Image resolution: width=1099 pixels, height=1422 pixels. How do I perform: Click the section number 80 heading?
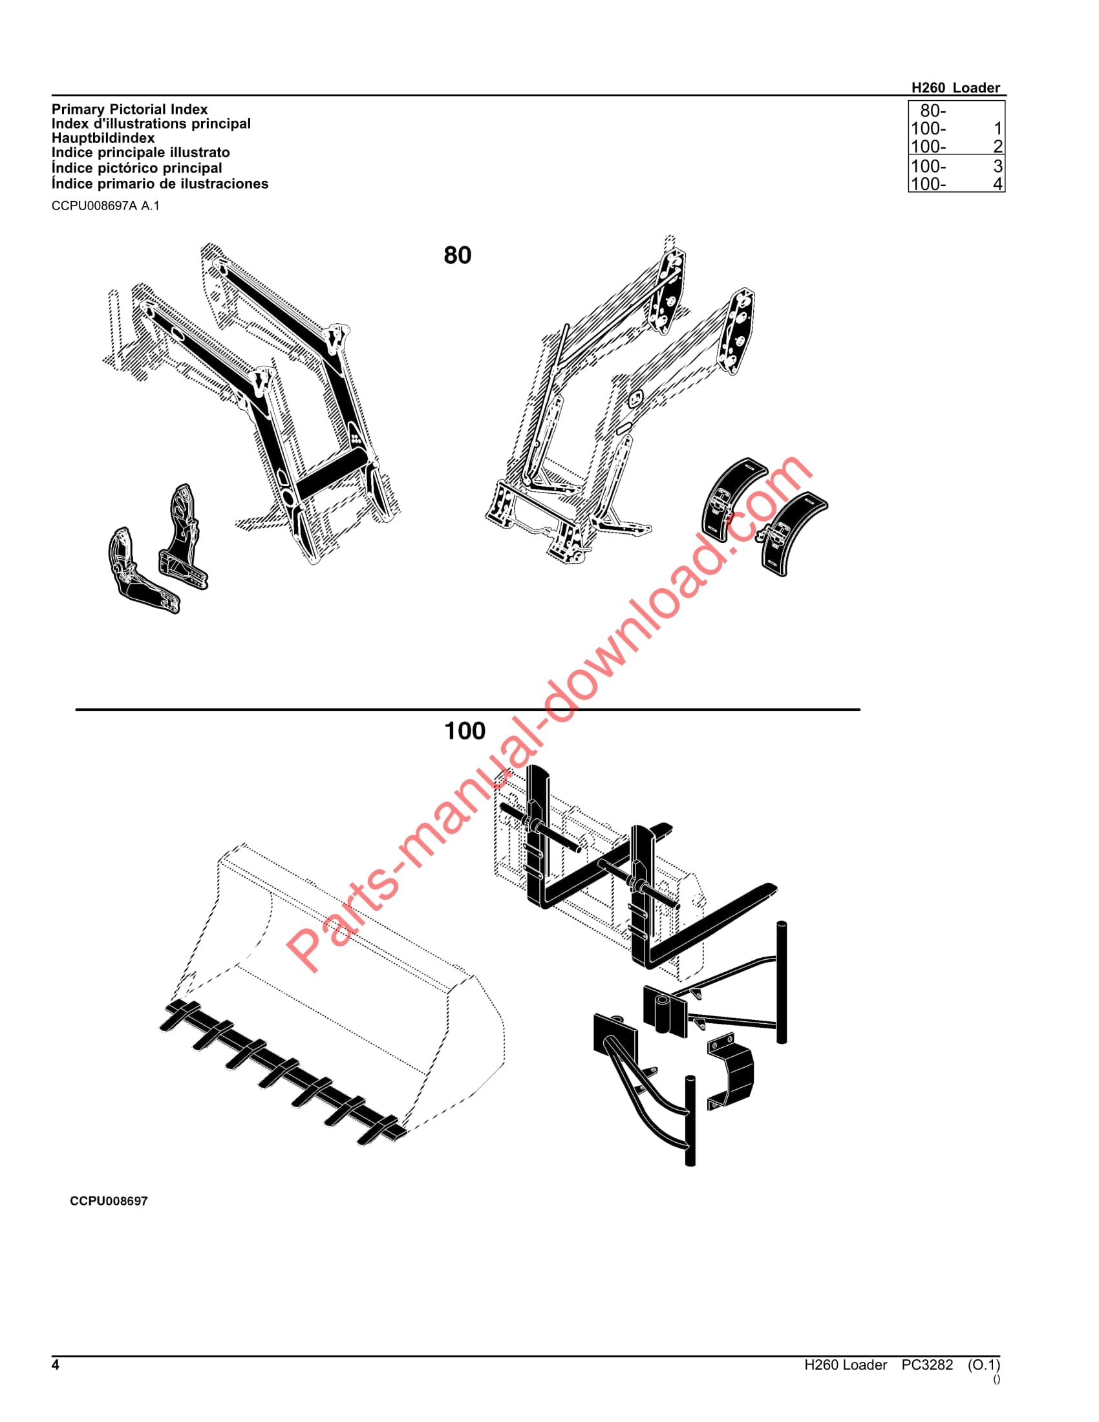click(457, 255)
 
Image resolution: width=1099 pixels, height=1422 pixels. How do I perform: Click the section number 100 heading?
click(464, 730)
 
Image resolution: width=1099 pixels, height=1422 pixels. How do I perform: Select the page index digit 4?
click(998, 184)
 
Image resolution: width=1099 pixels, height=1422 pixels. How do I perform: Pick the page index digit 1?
click(998, 129)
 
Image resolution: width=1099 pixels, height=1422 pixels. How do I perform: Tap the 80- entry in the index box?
click(932, 111)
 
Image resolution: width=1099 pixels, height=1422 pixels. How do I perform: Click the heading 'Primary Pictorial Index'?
click(129, 109)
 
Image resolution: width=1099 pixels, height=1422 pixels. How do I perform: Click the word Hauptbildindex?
click(103, 138)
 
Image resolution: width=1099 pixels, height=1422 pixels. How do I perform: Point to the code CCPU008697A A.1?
click(105, 206)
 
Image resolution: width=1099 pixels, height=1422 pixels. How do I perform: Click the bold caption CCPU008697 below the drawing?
click(109, 1201)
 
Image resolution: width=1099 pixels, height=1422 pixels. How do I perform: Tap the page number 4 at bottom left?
click(56, 1364)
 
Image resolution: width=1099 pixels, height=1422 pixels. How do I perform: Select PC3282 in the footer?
click(926, 1364)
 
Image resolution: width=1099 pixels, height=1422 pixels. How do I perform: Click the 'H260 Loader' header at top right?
click(955, 88)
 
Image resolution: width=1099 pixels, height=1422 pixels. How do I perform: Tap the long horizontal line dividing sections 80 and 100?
click(467, 709)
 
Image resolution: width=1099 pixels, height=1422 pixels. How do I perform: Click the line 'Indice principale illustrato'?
click(141, 153)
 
